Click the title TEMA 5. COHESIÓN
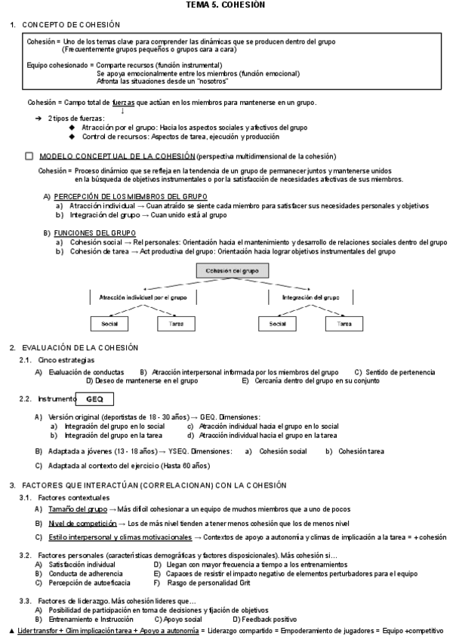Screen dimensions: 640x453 click(x=226, y=5)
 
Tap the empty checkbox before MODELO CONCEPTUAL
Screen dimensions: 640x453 click(x=29, y=156)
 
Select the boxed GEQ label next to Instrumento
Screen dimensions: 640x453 click(x=100, y=398)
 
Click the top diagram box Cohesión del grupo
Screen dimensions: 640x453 click(x=232, y=270)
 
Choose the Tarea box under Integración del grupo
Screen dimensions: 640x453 click(x=344, y=323)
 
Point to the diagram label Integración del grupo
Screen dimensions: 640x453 click(x=310, y=297)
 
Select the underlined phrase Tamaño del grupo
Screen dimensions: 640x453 click(x=78, y=509)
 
